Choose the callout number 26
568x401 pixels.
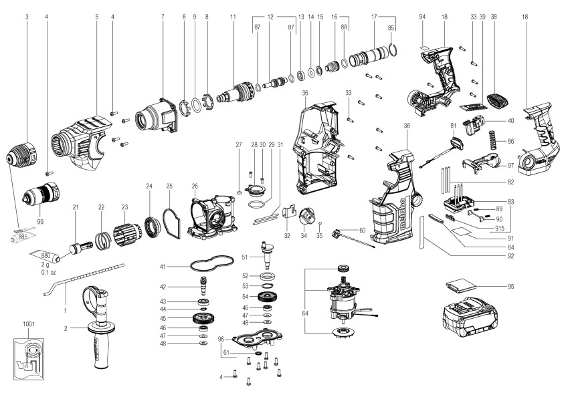point(195,185)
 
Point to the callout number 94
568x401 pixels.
point(421,15)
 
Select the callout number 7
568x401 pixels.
point(163,15)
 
